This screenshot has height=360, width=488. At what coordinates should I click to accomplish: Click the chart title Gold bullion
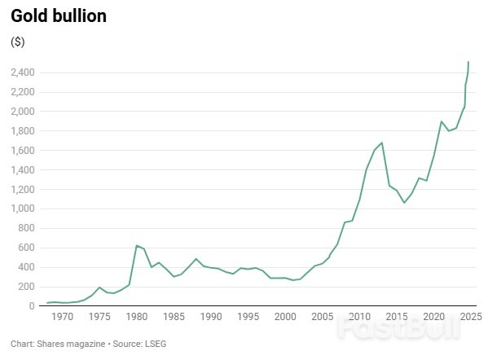[58, 15]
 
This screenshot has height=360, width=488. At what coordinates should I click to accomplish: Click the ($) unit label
[17, 42]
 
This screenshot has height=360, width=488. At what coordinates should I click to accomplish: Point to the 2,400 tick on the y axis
[22, 72]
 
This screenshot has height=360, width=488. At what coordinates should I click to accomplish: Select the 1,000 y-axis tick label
[22, 209]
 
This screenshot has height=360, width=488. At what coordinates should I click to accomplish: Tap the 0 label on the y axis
[30, 306]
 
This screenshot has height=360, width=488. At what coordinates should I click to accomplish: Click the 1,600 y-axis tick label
[22, 151]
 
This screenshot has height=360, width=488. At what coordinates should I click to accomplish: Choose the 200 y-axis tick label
[25, 287]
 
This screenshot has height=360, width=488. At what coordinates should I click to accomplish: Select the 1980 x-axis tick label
[136, 316]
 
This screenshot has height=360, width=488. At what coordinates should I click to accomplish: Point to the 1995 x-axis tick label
[248, 316]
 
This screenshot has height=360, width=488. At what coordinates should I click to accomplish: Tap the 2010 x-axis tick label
[359, 316]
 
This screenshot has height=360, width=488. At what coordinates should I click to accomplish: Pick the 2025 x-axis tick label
[470, 316]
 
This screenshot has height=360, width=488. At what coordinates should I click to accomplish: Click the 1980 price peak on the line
[137, 245]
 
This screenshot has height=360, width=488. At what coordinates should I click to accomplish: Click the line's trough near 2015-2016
[404, 203]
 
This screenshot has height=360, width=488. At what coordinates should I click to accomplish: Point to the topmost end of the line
[468, 62]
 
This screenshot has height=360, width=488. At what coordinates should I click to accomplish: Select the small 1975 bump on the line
[99, 288]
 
